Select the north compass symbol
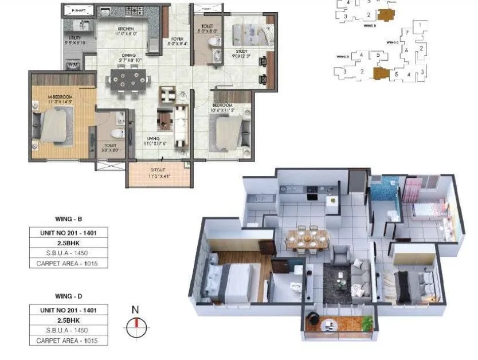coord(136,326)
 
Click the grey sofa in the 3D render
coord(358,273)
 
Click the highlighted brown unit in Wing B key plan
coord(389,15)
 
